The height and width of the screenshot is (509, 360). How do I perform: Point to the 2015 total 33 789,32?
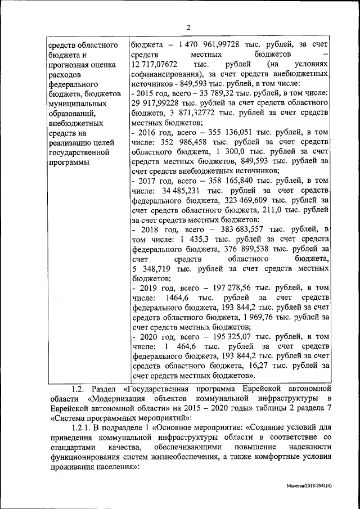coord(208,93)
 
